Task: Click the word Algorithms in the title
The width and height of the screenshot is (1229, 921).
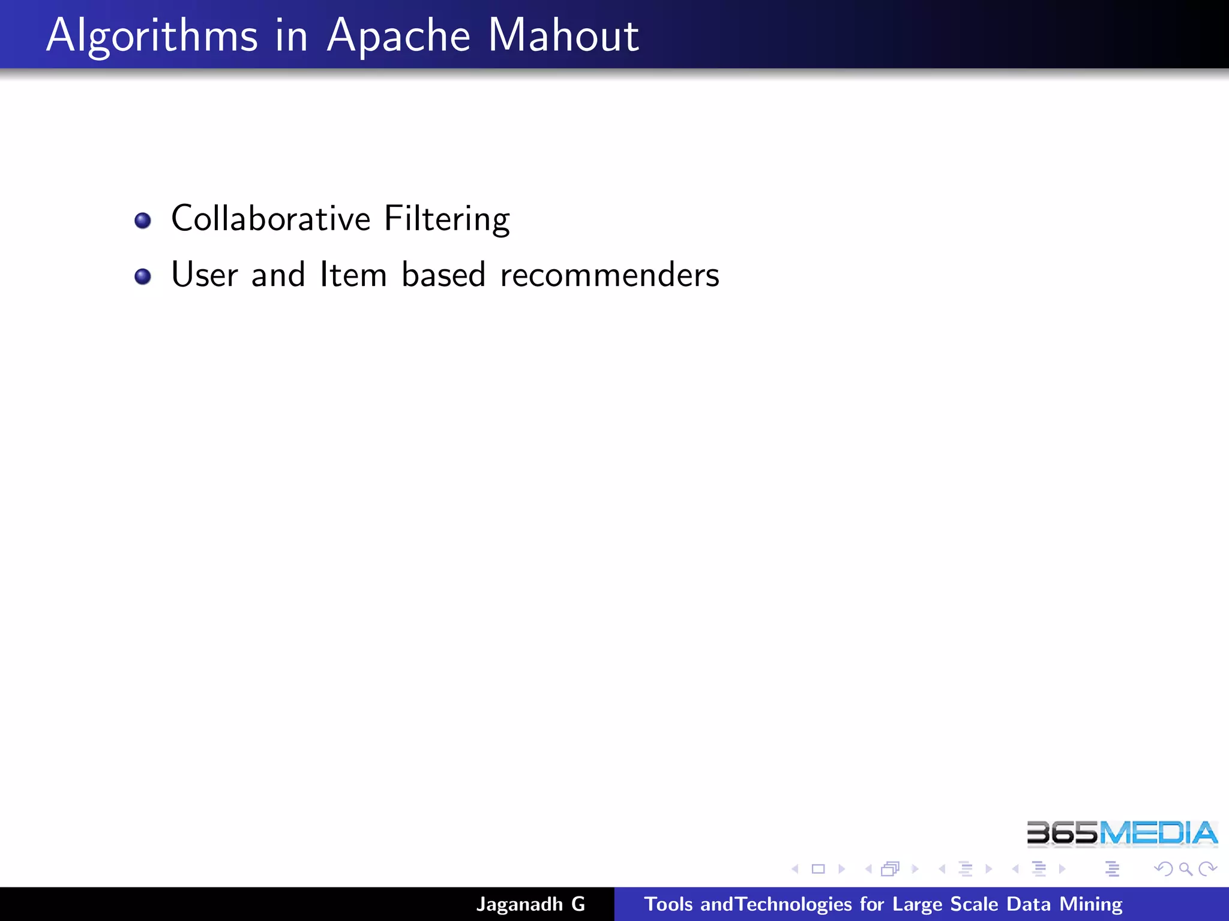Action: (x=152, y=36)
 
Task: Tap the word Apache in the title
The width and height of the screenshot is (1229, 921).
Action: (x=398, y=36)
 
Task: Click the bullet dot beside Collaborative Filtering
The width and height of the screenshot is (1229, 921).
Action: (x=143, y=221)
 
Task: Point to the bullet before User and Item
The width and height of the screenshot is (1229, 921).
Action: (x=143, y=276)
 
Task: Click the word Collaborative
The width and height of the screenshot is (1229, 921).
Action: (x=271, y=218)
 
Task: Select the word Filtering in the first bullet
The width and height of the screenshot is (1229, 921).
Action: (x=447, y=219)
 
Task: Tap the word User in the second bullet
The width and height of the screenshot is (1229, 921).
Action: (x=205, y=275)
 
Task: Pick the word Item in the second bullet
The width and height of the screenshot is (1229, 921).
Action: (x=353, y=275)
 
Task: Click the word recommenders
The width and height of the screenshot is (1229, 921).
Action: (x=609, y=276)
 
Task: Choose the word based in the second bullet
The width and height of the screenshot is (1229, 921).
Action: (x=443, y=275)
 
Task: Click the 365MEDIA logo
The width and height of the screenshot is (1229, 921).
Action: (x=1122, y=834)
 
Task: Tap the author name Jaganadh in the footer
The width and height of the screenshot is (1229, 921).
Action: (x=520, y=904)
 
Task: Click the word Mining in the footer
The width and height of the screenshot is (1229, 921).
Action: (x=1090, y=904)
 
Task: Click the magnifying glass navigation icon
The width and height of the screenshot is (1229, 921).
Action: (x=1185, y=869)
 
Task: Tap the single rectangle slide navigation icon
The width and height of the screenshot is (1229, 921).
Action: (x=818, y=869)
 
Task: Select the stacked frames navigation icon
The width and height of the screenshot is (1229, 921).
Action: (x=891, y=869)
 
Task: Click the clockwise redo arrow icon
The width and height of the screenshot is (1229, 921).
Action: (x=1207, y=869)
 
